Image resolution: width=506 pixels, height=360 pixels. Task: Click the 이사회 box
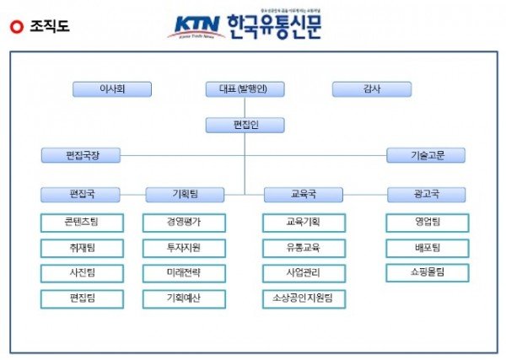(112, 89)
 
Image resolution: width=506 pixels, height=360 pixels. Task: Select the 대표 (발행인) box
(245, 89)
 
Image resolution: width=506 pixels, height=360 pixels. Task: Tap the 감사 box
(371, 89)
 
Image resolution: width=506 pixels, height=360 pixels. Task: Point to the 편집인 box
(245, 125)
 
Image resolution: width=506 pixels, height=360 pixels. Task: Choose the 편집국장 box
(82, 155)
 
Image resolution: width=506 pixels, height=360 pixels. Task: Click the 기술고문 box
(426, 155)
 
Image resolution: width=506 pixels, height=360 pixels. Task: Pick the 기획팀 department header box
(185, 195)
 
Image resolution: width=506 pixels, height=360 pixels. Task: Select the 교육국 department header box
(303, 195)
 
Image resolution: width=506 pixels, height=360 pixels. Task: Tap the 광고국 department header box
(427, 195)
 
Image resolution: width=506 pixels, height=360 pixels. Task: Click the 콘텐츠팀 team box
(82, 223)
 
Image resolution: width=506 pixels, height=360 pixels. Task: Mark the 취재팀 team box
(82, 248)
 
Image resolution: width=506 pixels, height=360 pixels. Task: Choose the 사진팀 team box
(82, 273)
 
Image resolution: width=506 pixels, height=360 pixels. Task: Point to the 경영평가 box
(184, 223)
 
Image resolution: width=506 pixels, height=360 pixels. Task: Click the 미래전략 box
(184, 273)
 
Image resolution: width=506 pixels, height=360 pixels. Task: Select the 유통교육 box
(304, 248)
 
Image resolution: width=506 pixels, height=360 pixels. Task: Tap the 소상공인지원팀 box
(304, 298)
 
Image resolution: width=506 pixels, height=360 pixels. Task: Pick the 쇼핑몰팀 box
(428, 273)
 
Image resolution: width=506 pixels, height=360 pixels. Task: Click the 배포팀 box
(428, 248)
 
